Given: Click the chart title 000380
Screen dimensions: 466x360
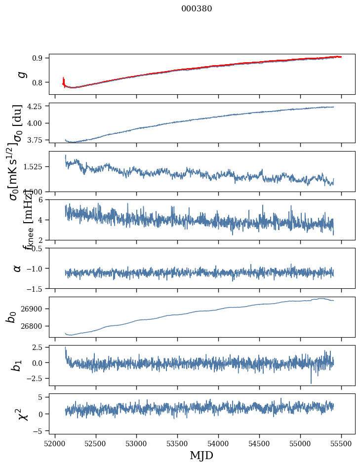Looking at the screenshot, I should click(197, 9).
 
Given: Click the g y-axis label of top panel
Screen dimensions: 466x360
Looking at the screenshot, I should click(21, 74).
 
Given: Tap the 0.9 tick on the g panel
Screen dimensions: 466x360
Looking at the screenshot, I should click(40, 58).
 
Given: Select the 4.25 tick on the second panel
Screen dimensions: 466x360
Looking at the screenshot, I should click(37, 106).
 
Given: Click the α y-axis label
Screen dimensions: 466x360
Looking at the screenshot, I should click(18, 268).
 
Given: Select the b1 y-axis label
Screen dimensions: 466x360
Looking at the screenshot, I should click(17, 365).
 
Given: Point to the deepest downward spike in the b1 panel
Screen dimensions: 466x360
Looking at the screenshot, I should click(311, 383).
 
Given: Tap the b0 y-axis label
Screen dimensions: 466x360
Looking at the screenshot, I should click(11, 317).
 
